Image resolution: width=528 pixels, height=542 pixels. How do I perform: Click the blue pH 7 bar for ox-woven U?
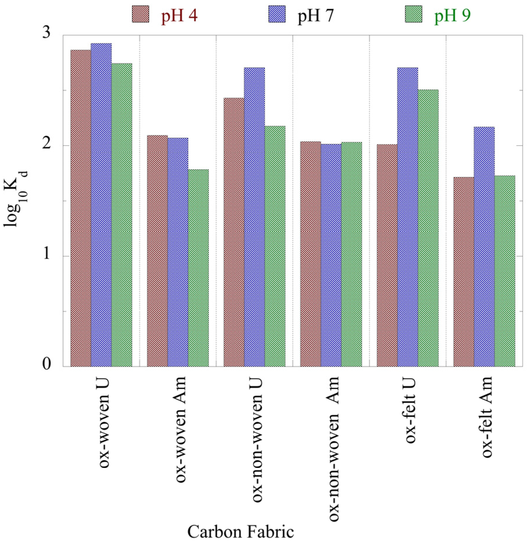[x=101, y=205]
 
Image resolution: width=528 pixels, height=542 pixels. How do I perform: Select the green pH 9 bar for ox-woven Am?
[x=198, y=268]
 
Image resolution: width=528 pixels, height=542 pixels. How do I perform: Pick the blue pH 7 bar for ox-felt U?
[x=407, y=217]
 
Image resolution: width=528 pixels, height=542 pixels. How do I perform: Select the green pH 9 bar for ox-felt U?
[x=428, y=228]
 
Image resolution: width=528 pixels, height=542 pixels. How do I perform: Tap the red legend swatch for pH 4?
[x=140, y=14]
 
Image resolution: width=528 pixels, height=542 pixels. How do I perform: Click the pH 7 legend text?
[x=315, y=15]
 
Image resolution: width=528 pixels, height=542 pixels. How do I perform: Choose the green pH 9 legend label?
[x=452, y=15]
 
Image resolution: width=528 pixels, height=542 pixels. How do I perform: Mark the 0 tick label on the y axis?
[x=47, y=364]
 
